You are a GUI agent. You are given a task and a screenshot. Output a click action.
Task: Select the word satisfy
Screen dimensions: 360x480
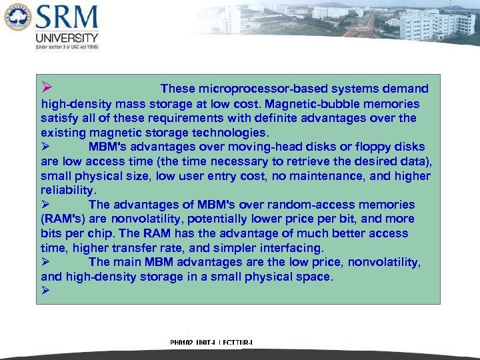[x=59, y=118]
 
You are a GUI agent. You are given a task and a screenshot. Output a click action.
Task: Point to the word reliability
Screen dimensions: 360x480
[x=68, y=191]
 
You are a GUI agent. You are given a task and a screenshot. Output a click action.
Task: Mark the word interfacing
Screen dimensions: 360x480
[x=291, y=248]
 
